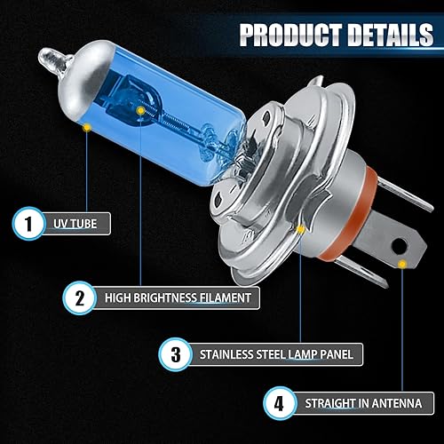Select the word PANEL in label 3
pyautogui.click(x=334, y=354)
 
